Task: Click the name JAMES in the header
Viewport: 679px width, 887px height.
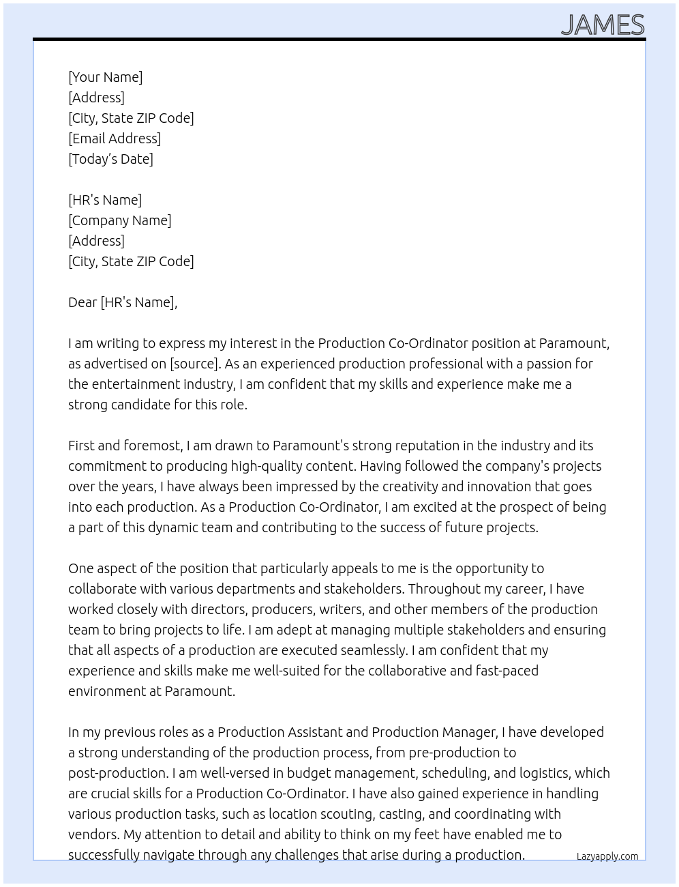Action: tap(603, 25)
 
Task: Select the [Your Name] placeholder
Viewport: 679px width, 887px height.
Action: tap(106, 77)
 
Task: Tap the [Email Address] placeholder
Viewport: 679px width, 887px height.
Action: tap(115, 139)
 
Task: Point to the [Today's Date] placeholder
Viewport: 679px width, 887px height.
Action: tap(110, 159)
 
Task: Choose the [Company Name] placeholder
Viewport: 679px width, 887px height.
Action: tap(120, 220)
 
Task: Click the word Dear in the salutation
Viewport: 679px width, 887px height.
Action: tap(82, 302)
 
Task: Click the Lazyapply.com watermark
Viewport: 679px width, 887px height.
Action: tap(607, 856)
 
